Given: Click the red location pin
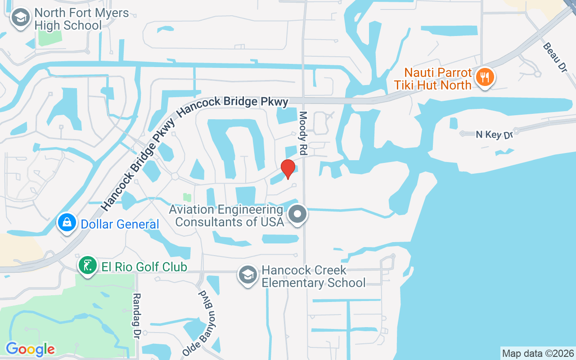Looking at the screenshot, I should click(288, 169).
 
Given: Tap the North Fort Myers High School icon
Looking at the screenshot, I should click(20, 18).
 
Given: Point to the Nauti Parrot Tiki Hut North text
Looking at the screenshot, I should click(432, 79).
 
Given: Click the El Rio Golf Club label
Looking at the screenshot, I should click(144, 267).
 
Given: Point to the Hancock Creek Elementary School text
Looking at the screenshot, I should click(314, 276).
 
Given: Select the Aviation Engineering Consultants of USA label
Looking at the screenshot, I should click(229, 216).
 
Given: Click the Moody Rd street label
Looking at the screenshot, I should click(303, 134).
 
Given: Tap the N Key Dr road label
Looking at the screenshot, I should click(494, 134).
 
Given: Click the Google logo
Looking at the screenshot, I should click(31, 349).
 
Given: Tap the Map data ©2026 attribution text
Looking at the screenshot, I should click(538, 353).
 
